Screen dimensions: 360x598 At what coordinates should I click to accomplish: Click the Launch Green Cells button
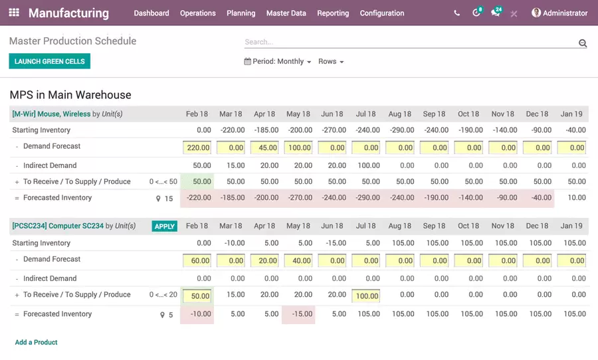[x=50, y=61]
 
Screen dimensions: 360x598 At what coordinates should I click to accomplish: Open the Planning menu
[x=241, y=13]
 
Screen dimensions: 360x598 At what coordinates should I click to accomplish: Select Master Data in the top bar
[x=286, y=13]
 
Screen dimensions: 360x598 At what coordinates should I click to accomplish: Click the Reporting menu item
[x=333, y=13]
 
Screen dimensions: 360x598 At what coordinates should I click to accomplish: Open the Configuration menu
[x=381, y=13]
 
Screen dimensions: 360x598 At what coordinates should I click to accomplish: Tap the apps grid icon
[x=14, y=13]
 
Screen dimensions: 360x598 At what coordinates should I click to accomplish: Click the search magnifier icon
[x=583, y=43]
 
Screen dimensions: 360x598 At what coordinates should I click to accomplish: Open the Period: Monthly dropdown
[x=278, y=61]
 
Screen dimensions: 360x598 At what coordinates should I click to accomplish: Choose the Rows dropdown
[x=331, y=61]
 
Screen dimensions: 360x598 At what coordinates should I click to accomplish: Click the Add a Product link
[x=37, y=342]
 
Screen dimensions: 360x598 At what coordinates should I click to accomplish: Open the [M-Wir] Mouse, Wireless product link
[x=51, y=114]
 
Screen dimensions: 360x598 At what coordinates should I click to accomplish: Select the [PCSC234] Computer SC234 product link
[x=58, y=226]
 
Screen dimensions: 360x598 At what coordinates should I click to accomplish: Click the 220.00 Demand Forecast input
[x=197, y=147]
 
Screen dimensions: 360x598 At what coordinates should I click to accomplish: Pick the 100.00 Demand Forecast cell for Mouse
[x=300, y=147]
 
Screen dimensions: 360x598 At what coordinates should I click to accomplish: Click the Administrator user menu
[x=559, y=13]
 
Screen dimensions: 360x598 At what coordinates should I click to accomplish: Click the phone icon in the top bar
[x=456, y=13]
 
